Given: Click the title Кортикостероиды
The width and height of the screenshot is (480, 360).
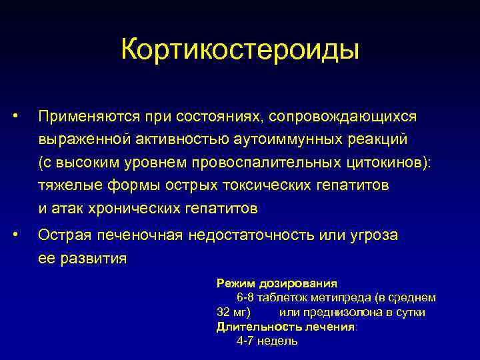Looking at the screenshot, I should tap(240, 50).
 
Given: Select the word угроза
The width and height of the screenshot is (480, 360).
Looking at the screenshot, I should tap(377, 235).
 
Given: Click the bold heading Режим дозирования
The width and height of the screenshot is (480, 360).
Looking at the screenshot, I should tap(277, 283).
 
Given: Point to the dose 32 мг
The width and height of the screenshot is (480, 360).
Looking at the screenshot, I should tap(233, 312).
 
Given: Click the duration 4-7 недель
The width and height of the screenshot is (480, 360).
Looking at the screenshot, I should tap(267, 341).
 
